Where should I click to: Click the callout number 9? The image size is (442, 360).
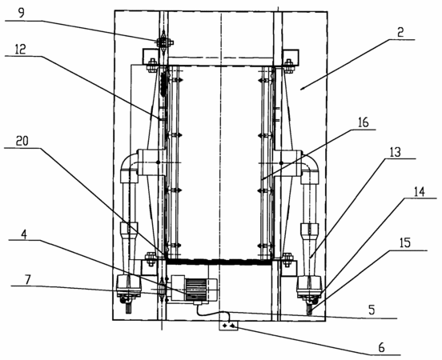click(x=22, y=13)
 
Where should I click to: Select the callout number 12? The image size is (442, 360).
click(x=20, y=49)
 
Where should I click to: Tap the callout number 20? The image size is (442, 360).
click(x=22, y=141)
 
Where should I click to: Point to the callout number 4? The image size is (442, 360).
click(x=24, y=234)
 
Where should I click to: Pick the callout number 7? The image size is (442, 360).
click(x=27, y=280)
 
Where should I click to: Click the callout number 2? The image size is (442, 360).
click(x=400, y=33)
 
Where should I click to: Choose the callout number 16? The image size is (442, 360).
click(x=363, y=122)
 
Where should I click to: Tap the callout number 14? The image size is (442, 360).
click(x=420, y=192)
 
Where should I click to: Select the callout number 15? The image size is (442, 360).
click(x=405, y=243)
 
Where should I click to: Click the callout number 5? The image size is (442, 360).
click(x=372, y=310)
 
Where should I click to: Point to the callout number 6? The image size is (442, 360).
click(x=381, y=348)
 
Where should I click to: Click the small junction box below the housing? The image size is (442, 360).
click(x=228, y=326)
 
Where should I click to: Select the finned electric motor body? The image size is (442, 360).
click(x=196, y=290)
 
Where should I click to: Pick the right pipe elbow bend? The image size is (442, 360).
click(x=311, y=163)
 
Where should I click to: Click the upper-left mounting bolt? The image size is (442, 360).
click(x=151, y=66)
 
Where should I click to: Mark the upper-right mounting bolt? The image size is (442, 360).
click(x=288, y=66)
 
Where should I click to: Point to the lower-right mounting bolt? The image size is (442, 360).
click(x=287, y=259)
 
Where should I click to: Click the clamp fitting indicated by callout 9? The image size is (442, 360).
click(x=164, y=42)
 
